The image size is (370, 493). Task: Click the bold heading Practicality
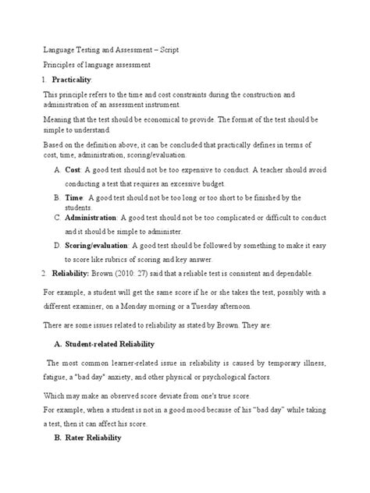(72, 80)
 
